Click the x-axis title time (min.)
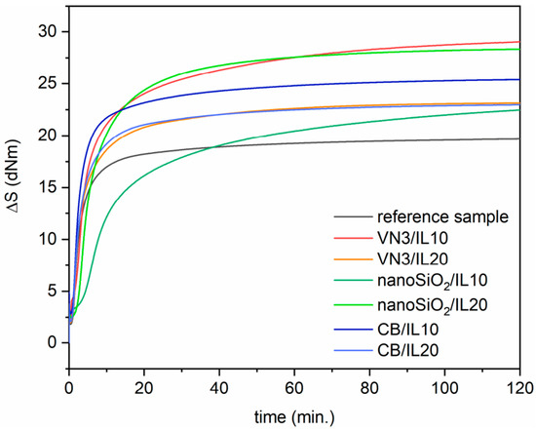[x=293, y=416]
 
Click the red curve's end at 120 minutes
[x=519, y=42]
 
